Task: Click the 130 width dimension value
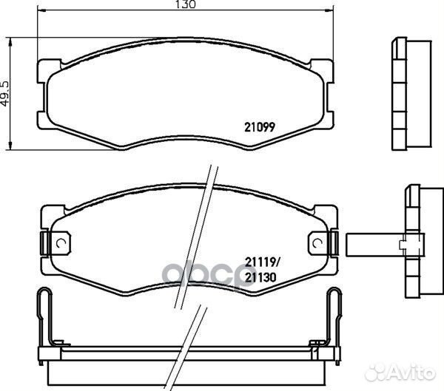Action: pos(186,4)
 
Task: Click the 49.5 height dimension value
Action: pos(5,94)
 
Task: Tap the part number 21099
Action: pos(260,127)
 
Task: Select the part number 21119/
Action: pos(262,262)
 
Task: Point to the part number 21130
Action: pos(260,278)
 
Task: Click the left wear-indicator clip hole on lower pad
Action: pos(61,243)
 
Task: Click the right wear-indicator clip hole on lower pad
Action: pos(317,243)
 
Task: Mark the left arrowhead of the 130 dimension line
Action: pos(41,10)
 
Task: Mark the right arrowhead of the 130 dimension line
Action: pos(329,10)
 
